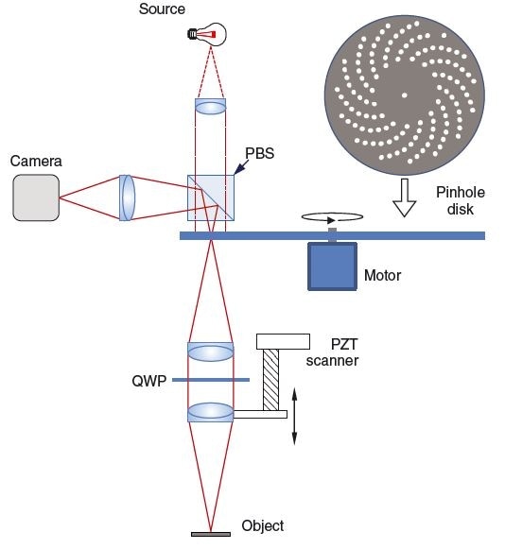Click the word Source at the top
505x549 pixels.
pos(162,9)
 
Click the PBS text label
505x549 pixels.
pos(259,152)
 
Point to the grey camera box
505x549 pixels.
pos(36,197)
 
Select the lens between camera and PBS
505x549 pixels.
pos(128,197)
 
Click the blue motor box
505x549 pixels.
pos(332,266)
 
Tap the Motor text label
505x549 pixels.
pos(382,276)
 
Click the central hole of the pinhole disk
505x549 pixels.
pos(405,95)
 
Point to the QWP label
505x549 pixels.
pos(150,381)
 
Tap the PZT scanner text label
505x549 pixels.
pos(346,351)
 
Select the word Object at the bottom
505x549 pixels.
pos(262,525)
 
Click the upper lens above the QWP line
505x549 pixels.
pos(210,352)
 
